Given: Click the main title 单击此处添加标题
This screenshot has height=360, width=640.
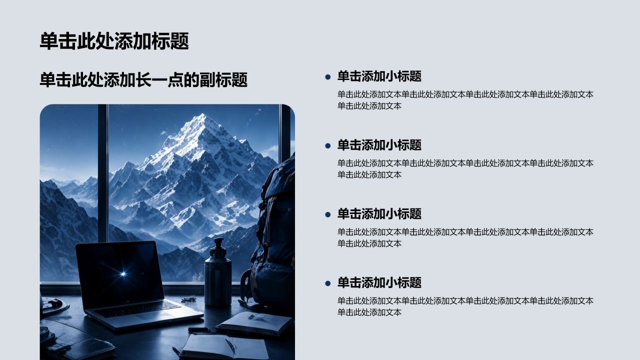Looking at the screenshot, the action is coord(114,41).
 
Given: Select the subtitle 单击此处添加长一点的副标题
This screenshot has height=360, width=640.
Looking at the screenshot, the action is coord(143,79).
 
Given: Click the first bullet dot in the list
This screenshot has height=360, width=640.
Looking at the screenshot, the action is coord(327,77).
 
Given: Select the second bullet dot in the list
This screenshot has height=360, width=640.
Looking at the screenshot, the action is coord(327,145).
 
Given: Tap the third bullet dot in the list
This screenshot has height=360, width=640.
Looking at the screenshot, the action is coord(327,214).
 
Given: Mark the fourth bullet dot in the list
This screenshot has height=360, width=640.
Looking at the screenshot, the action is coord(327,283).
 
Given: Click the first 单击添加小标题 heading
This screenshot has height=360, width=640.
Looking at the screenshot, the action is coord(379,76).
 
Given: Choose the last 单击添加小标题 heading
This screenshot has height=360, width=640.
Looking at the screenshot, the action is coord(379,282).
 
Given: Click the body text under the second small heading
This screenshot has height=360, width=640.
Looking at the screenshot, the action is coord(465,169).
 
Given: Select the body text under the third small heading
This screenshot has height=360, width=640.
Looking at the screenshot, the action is coord(465,237).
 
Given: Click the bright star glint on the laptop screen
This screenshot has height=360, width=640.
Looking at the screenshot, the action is coord(123,274).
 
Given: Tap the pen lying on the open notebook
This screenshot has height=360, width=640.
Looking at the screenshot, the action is coord(230,345).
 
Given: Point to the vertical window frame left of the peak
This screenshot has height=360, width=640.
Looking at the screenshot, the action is coord(103,173).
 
